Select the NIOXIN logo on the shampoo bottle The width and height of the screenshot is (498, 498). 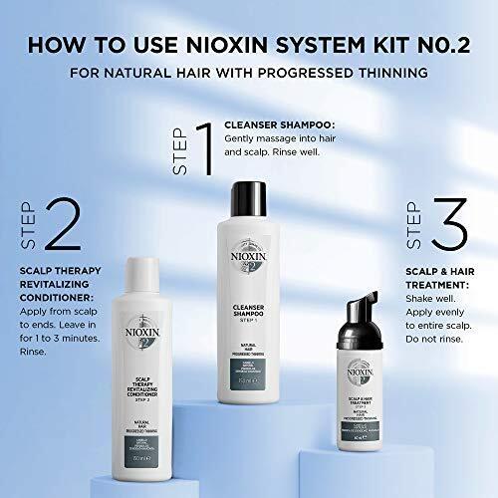point(252,241)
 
